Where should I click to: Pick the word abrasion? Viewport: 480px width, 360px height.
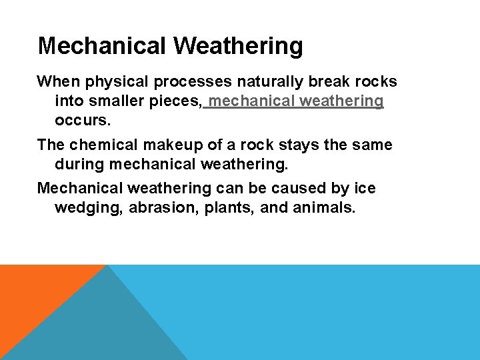[x=156, y=207]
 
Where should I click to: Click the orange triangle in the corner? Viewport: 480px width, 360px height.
[x=33, y=293]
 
